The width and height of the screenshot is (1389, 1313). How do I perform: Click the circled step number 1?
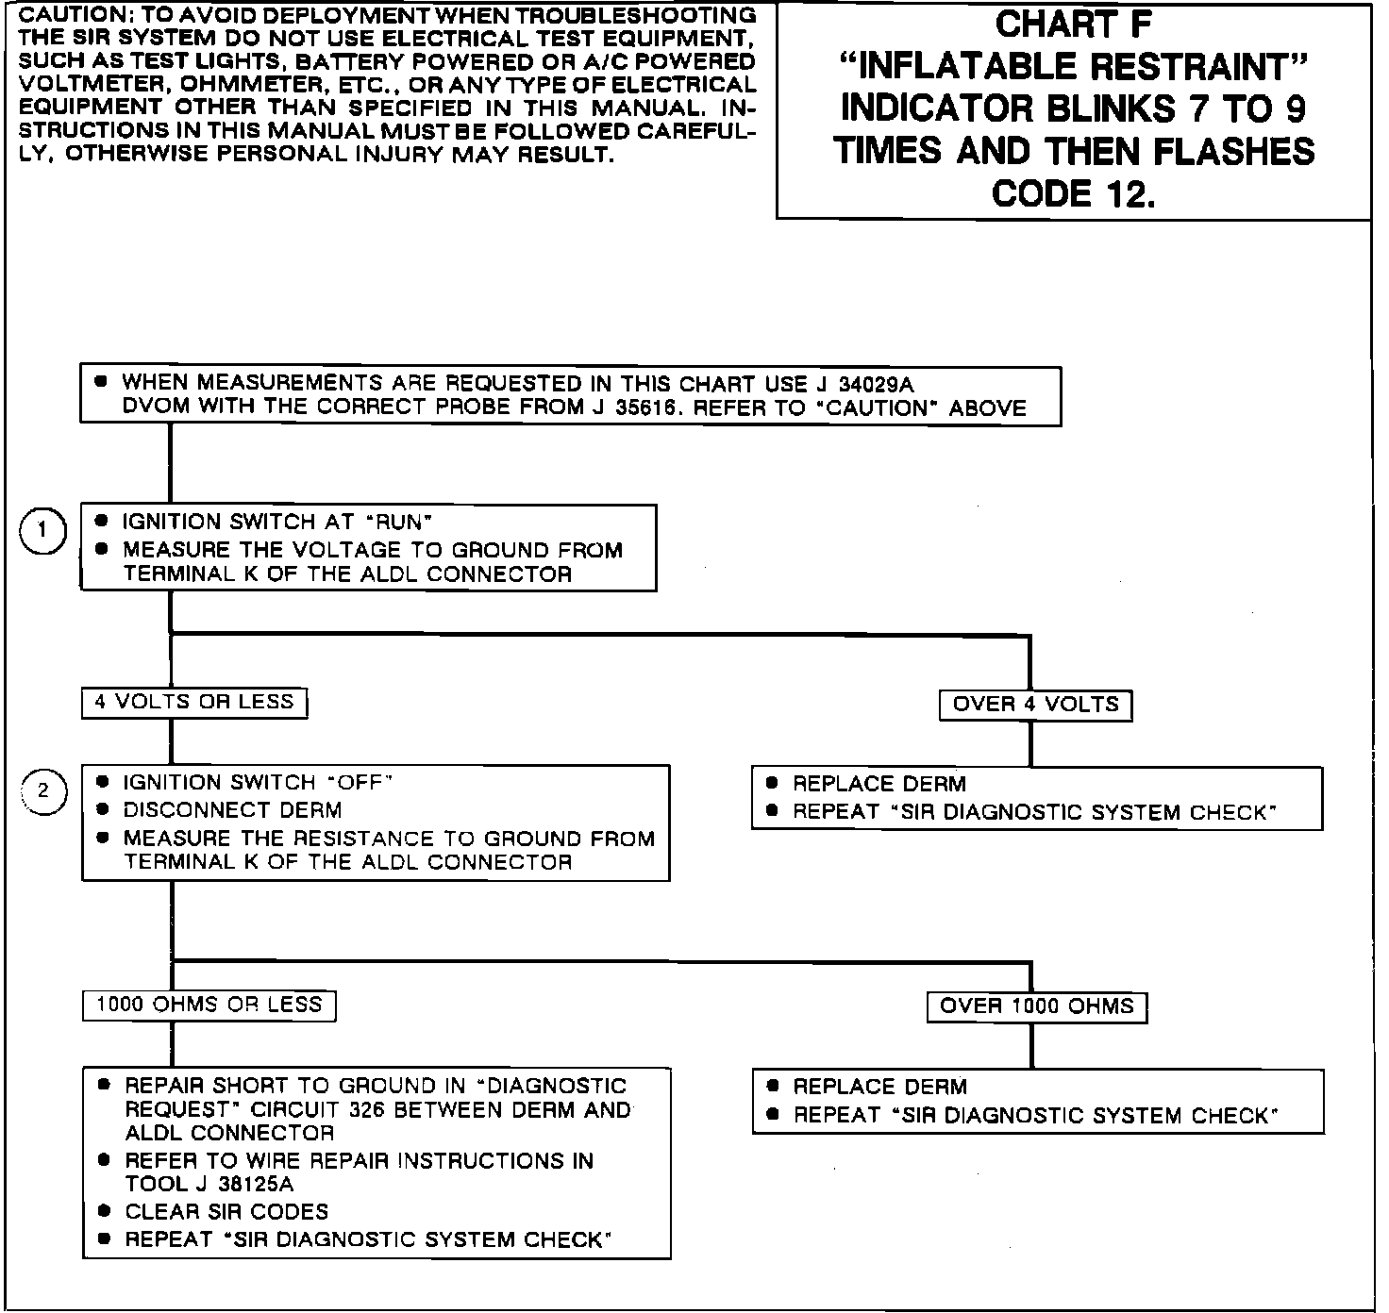[42, 532]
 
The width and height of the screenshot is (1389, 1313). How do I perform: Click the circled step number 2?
[44, 792]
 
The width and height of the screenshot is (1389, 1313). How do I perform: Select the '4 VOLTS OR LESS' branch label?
[194, 703]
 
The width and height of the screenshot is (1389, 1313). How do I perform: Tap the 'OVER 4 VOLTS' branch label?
[1035, 705]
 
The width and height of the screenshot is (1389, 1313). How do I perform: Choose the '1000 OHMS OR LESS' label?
[209, 1006]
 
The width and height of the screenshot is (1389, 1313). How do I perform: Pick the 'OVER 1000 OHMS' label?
[1036, 1006]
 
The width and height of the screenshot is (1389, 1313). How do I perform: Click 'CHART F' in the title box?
[1074, 25]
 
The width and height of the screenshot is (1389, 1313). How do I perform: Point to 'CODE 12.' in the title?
[1074, 193]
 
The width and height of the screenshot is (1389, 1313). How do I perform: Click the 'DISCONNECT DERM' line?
[232, 810]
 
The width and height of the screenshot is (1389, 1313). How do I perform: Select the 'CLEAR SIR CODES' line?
[226, 1212]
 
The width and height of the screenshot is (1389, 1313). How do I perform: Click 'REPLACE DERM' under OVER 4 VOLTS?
[879, 784]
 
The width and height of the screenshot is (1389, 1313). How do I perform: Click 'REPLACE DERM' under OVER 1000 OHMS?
[879, 1087]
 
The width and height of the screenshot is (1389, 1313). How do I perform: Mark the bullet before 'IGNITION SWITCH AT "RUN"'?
[102, 521]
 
